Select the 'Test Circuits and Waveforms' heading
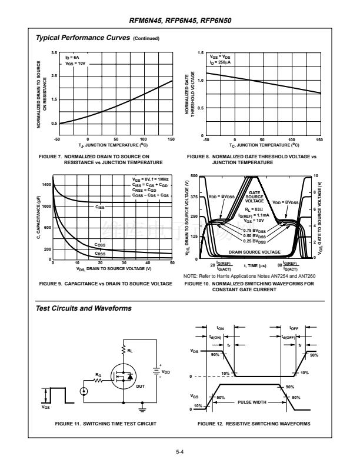(84, 308)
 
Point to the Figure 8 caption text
(251, 159)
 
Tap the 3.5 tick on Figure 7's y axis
(54, 54)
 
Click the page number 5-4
(180, 452)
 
